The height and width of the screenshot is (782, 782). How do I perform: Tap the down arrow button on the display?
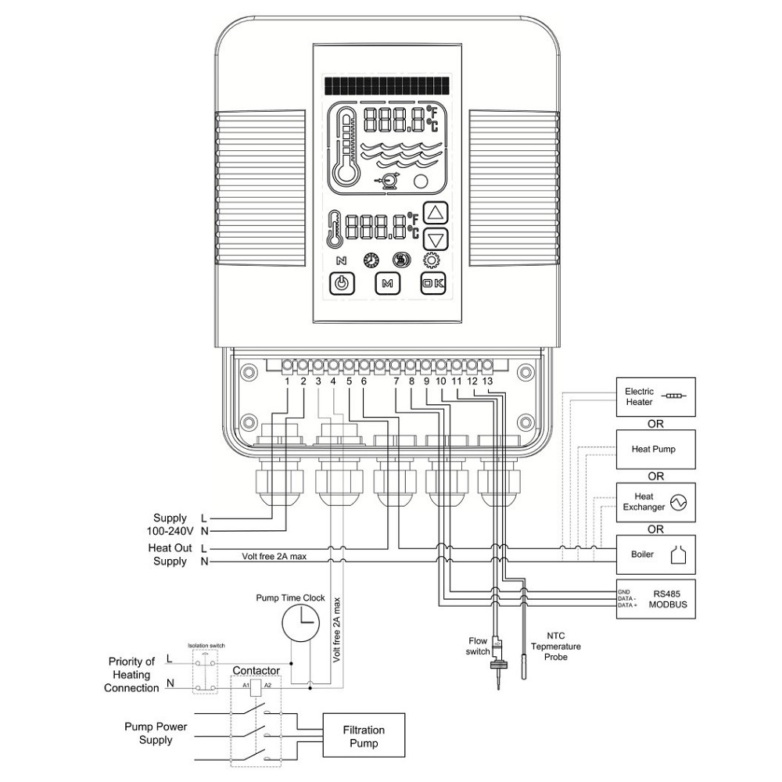coord(438,240)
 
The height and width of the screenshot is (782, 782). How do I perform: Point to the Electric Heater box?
coord(655,396)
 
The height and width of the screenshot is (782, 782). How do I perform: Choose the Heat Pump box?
coord(655,450)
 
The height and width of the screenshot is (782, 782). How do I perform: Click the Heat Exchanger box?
coord(655,502)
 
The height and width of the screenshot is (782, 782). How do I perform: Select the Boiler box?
coord(655,555)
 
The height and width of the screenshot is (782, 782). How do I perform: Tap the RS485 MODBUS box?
coord(655,600)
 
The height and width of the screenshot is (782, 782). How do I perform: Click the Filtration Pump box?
coord(364,735)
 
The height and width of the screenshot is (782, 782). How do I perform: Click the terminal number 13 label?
coord(487,381)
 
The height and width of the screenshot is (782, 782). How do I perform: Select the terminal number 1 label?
coord(288,381)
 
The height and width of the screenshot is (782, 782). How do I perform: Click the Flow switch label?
coord(478,645)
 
